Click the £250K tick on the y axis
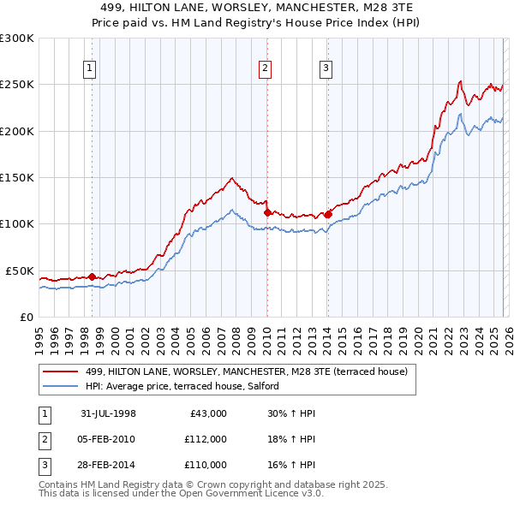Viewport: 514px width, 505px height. pos(17,85)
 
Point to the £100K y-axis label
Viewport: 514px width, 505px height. pos(17,224)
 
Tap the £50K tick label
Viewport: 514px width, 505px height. pos(20,270)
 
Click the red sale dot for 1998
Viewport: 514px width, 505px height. pos(92,276)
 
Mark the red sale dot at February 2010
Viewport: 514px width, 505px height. pos(266,212)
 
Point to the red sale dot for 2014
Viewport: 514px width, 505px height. pos(327,214)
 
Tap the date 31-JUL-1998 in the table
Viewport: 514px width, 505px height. pos(108,413)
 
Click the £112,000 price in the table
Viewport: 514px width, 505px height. pos(206,439)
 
